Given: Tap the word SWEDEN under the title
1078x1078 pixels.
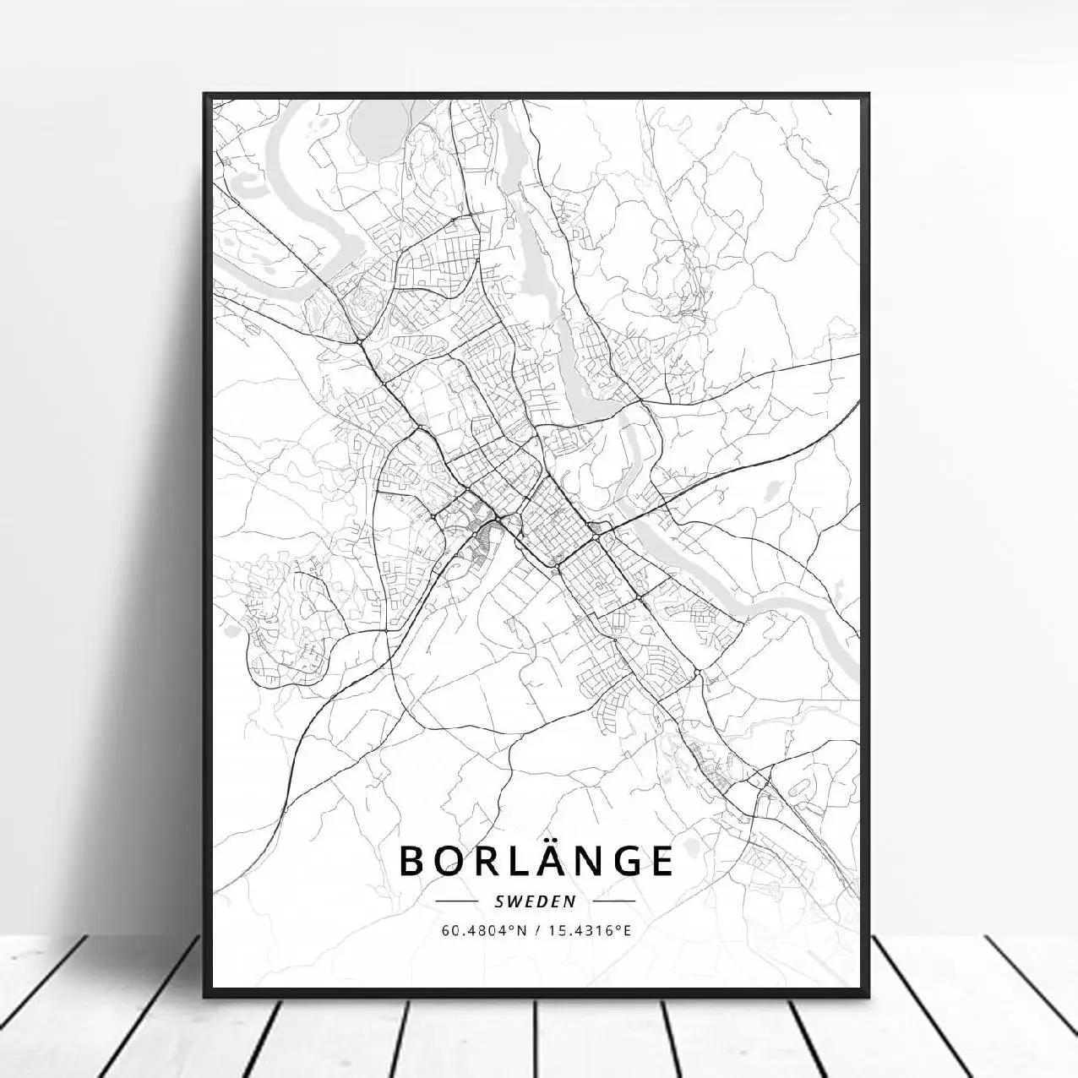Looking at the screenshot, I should coord(535,901).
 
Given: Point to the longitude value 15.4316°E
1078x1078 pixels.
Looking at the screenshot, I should coord(591,931).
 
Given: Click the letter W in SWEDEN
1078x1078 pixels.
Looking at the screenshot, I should coord(510,901).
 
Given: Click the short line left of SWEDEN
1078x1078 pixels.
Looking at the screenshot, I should coord(456,901).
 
